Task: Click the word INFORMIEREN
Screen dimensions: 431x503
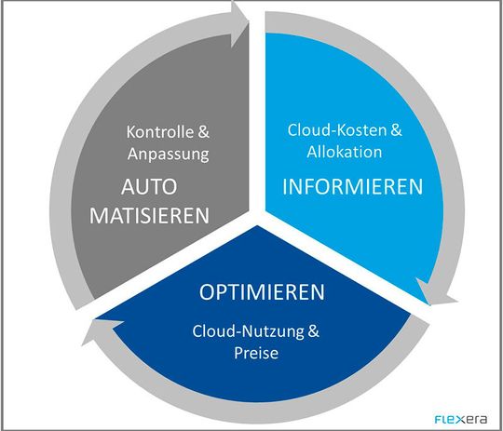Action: pyautogui.click(x=352, y=186)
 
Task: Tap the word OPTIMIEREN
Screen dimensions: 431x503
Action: pyautogui.click(x=263, y=292)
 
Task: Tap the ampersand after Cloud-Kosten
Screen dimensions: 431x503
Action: pyautogui.click(x=396, y=131)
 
